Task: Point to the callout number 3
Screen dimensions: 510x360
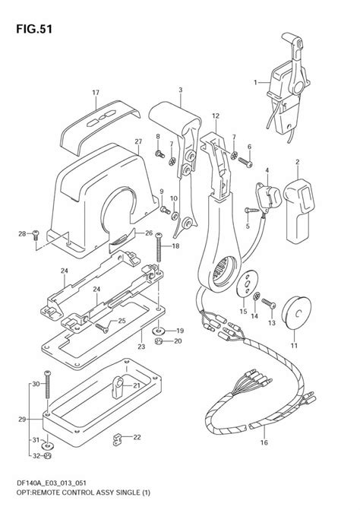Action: click(x=180, y=90)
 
